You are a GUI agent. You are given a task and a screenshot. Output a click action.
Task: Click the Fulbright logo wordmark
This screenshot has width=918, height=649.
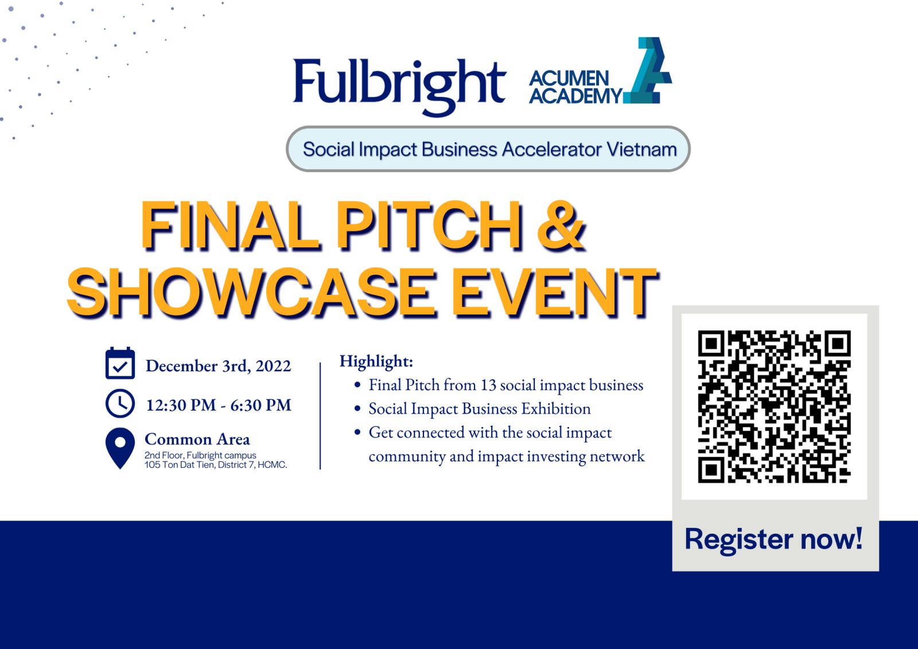(x=399, y=87)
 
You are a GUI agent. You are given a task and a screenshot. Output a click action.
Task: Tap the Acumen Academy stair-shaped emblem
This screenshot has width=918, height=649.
(x=648, y=71)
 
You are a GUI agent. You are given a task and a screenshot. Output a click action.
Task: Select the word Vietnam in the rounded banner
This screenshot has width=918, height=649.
(x=642, y=149)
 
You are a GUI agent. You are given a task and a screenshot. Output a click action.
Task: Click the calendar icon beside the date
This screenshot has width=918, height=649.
(x=120, y=363)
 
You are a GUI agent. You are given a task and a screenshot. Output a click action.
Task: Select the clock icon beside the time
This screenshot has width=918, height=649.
(x=120, y=404)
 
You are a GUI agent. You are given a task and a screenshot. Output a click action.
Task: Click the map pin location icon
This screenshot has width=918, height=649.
(x=120, y=448)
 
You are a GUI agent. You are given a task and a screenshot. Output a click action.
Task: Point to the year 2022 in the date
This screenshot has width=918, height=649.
(x=273, y=366)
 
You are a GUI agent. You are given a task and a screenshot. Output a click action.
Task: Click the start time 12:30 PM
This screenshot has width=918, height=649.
(x=181, y=405)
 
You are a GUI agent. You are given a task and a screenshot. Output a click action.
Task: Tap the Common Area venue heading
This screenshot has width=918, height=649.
(x=197, y=439)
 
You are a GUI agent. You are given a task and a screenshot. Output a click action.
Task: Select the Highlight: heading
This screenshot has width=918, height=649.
(x=376, y=362)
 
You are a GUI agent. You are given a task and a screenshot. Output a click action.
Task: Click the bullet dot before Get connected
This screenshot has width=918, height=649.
(x=357, y=432)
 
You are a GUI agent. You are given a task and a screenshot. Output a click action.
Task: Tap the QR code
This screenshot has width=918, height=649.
(x=774, y=407)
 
